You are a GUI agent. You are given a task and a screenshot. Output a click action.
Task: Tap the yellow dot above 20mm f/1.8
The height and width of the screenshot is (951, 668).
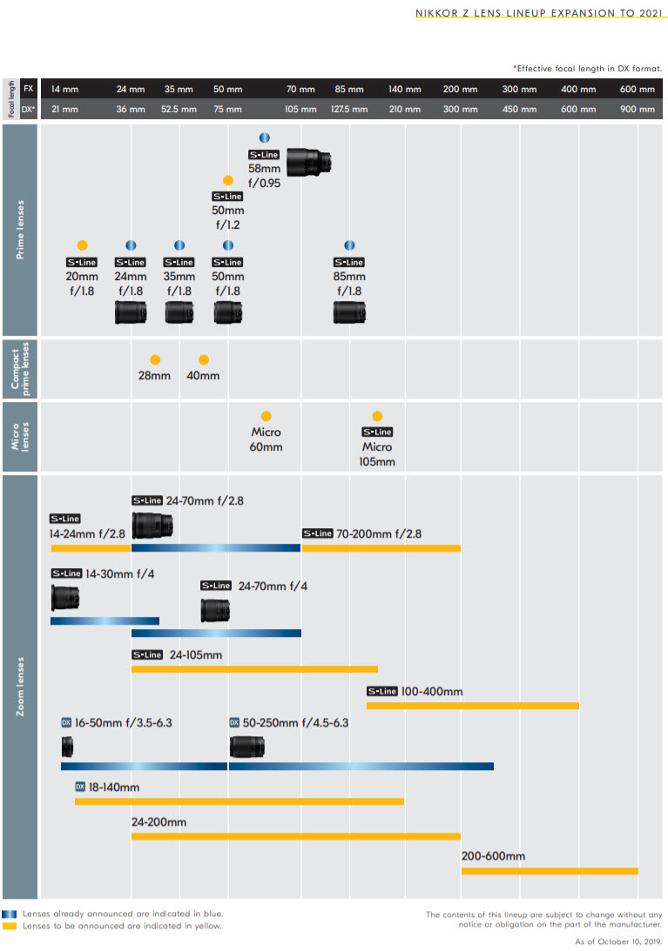point(82,245)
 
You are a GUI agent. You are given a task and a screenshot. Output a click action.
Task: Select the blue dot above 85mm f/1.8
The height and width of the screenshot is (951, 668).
point(349,245)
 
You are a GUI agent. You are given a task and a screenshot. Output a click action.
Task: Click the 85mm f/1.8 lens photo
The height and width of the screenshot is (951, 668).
point(349,312)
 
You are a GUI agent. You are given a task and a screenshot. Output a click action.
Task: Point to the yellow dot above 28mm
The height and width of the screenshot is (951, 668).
point(155,359)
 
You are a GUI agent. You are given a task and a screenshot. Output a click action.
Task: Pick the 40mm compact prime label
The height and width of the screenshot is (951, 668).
point(204,376)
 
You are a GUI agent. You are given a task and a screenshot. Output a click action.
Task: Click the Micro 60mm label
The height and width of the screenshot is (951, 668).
point(267,439)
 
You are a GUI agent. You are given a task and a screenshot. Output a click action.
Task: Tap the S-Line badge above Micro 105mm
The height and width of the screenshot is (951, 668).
point(377,432)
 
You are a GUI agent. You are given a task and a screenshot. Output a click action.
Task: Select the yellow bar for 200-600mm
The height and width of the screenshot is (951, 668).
point(550,871)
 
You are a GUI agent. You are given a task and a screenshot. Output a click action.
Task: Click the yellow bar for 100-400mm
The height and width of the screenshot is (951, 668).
point(473,705)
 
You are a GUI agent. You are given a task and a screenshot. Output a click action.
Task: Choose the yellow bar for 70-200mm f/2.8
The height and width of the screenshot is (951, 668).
point(381,548)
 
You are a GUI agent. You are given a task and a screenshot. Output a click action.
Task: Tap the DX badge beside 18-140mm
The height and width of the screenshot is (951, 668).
point(80,787)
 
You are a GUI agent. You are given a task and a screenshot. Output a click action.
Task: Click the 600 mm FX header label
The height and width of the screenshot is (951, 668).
point(638,89)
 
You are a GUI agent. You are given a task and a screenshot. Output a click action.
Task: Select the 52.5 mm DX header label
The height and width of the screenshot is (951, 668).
point(179,110)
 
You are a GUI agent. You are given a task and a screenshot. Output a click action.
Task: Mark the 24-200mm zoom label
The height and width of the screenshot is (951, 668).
point(159,821)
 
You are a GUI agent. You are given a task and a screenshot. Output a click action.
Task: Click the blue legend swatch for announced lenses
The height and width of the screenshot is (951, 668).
point(10,914)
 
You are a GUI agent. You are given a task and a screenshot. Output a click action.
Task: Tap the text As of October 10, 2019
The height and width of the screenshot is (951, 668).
point(618,941)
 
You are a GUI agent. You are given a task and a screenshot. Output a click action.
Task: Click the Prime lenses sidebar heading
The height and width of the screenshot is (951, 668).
point(20,230)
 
